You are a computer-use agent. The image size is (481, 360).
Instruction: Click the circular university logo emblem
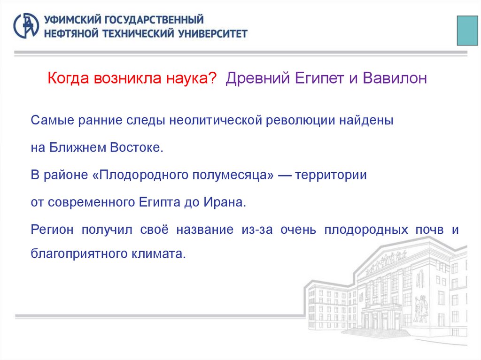click(26, 26)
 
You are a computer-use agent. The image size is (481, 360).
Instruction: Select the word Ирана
click(224, 203)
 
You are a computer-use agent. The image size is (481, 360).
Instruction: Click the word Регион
click(53, 230)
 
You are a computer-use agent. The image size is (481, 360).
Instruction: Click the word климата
click(159, 254)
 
